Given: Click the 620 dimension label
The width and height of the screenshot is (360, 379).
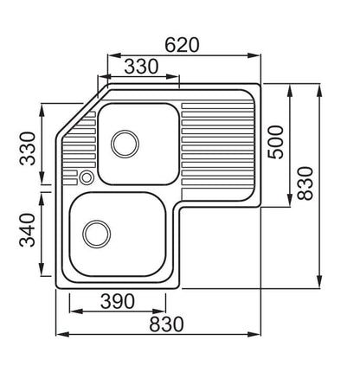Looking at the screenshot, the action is [182, 45].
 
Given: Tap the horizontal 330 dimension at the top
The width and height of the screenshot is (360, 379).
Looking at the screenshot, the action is [141, 67].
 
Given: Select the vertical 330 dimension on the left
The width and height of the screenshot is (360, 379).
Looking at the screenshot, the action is [28, 148].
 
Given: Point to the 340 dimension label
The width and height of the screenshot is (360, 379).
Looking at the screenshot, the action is [28, 230].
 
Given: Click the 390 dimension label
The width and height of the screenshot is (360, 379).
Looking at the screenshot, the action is [118, 301].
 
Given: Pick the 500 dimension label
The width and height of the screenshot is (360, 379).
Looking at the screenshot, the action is [275, 142].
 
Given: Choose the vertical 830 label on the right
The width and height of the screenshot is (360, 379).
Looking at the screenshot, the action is [305, 183].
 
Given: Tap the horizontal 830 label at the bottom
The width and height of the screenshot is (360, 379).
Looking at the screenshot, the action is [166, 324].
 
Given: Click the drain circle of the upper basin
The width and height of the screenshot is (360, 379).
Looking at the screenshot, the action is [125, 144].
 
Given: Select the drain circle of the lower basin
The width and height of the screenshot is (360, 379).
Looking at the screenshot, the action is [97, 234].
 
